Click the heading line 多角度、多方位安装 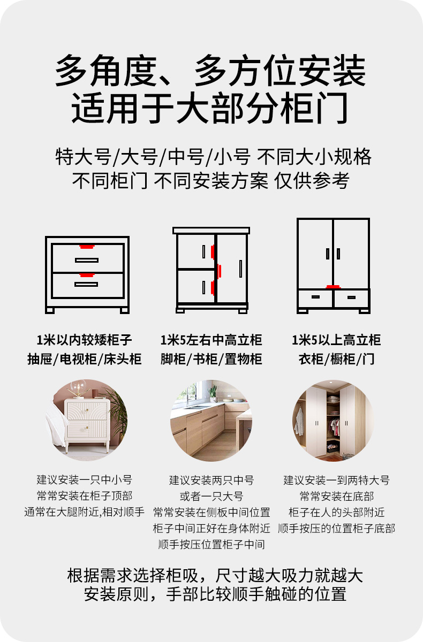click(211, 71)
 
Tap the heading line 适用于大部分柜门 click(211, 109)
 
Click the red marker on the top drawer click(86, 247)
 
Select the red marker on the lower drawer click(86, 275)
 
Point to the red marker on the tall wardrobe click(333, 287)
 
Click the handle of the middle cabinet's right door click(240, 269)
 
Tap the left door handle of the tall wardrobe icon click(327, 254)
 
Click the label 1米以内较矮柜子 click(85, 340)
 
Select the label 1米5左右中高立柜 click(211, 340)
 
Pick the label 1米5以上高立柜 click(336, 340)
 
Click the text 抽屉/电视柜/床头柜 click(85, 359)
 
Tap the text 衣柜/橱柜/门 click(336, 359)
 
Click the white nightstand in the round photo click(86, 423)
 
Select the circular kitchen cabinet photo click(211, 421)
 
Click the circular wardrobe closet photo click(333, 421)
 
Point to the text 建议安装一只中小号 click(85, 480)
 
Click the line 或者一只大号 click(211, 496)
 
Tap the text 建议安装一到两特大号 click(336, 480)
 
